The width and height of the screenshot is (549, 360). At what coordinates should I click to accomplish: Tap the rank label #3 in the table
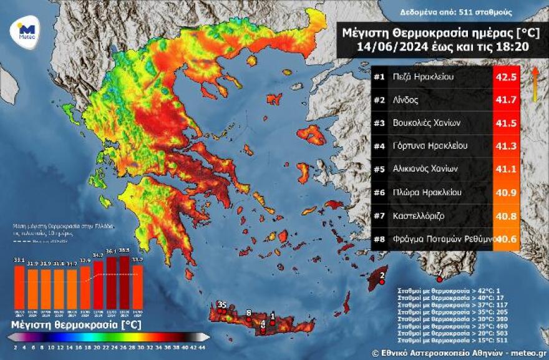tap(379, 123)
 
